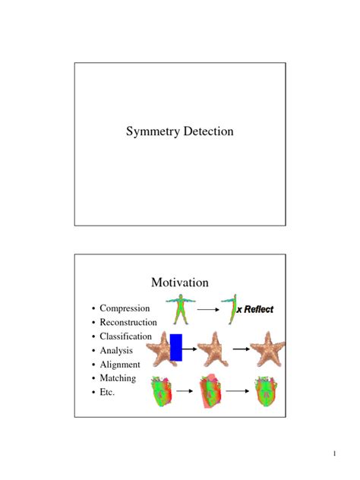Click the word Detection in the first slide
207,132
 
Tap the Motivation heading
179,283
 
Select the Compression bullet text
125,308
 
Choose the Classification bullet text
126,336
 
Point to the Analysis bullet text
116,350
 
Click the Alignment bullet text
121,364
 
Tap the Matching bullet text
118,377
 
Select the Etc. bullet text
109,392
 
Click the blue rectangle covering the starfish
175,346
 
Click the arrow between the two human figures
207,310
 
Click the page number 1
333,454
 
